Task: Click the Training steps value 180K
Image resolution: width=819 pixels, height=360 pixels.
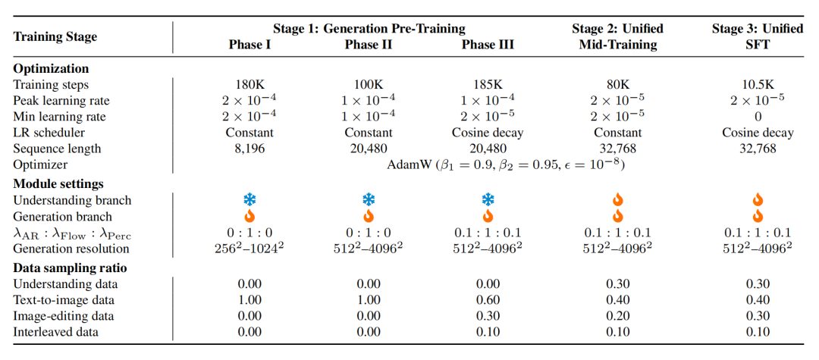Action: point(249,85)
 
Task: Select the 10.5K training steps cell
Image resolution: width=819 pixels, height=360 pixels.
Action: point(758,85)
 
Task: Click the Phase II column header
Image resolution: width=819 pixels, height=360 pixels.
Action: point(369,45)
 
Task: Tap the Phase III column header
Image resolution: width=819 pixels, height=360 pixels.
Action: point(488,45)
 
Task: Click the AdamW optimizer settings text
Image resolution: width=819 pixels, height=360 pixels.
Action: point(506,165)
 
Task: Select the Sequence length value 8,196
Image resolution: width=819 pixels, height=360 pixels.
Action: point(249,149)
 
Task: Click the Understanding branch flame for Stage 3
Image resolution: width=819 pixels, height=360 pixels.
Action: point(758,199)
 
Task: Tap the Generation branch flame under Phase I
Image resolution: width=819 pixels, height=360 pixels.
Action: point(250,215)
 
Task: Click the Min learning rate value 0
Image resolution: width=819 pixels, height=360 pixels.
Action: point(758,117)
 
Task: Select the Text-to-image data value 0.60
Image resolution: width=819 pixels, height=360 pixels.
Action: point(488,300)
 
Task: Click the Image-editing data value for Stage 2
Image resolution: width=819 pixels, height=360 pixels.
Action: point(617,316)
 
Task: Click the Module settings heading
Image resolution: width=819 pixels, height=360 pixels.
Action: point(58,183)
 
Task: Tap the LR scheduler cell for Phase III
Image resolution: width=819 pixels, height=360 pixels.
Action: point(488,133)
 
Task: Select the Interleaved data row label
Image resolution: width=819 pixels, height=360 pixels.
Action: point(49,333)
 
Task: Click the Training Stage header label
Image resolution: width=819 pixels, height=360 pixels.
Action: point(55,37)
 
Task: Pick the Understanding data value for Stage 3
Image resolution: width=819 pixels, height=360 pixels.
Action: point(758,284)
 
